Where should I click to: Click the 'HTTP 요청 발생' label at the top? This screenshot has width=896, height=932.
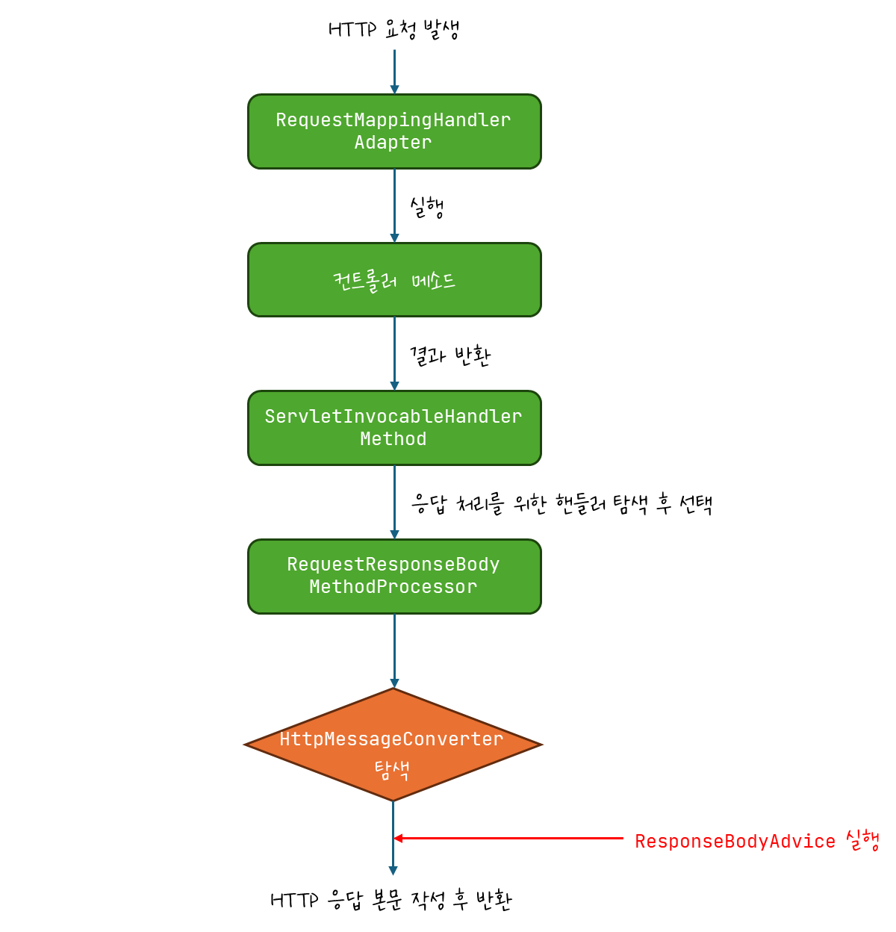[x=393, y=30]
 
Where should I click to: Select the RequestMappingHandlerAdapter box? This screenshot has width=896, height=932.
[x=394, y=131]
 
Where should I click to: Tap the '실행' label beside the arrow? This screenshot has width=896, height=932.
[x=427, y=207]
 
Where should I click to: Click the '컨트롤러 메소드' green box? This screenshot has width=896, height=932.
[x=394, y=280]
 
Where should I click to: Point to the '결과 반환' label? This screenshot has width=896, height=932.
[x=449, y=355]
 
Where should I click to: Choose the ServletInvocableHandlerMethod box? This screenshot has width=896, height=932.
[x=394, y=427]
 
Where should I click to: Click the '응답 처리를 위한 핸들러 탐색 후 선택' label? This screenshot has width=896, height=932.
[x=561, y=504]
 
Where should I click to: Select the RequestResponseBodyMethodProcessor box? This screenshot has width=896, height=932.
[x=394, y=576]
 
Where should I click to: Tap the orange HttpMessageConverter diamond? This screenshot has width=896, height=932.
[x=393, y=744]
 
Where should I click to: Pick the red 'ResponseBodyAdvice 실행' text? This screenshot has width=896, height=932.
[x=756, y=841]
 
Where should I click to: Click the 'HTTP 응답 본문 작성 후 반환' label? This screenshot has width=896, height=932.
[x=391, y=900]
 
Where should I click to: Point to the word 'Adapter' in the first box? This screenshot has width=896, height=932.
[x=393, y=143]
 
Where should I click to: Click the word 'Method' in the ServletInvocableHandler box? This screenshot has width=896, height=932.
[x=393, y=439]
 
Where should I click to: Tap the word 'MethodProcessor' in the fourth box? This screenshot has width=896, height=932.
[x=393, y=588]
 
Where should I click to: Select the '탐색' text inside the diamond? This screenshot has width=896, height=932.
[x=392, y=769]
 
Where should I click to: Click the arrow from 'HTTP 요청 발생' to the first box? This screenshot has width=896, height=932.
[x=394, y=71]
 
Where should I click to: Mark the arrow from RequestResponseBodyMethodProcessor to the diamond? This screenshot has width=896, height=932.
[x=394, y=650]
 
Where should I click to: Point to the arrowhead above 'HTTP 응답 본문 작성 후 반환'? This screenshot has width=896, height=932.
[x=393, y=870]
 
